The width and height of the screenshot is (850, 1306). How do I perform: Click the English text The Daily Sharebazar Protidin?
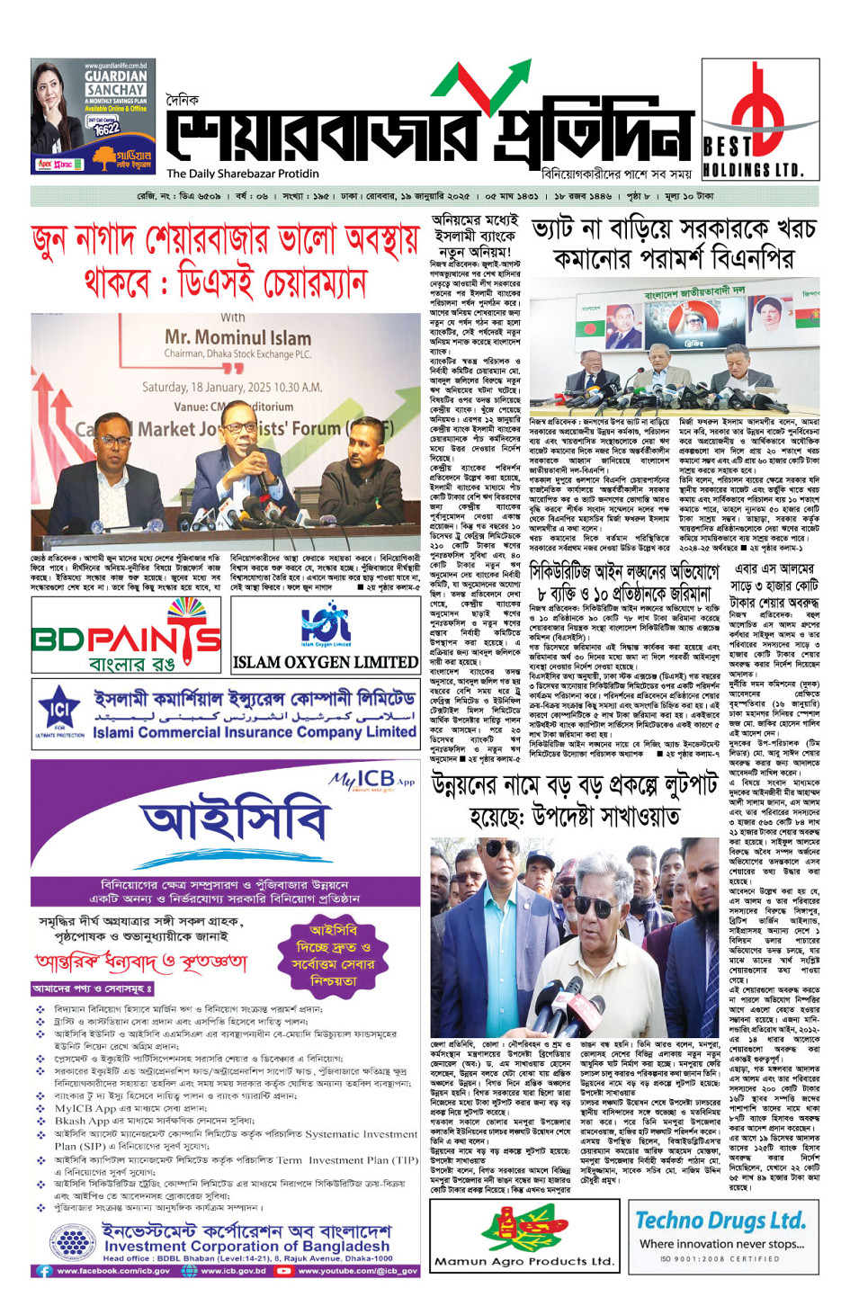tap(242, 174)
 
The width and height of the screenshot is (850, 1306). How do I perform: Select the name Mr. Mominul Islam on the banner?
tap(237, 338)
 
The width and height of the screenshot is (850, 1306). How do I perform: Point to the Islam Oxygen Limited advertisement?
tap(325, 635)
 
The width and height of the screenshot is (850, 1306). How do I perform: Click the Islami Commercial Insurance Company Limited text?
tap(255, 731)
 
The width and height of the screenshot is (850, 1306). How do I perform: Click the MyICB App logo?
tap(371, 780)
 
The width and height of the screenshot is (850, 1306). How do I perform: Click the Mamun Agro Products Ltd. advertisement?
tap(523, 1234)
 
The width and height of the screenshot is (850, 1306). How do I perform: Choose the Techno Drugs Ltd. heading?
tap(720, 1221)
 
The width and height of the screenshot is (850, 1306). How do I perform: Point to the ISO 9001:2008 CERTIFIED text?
tap(720, 1259)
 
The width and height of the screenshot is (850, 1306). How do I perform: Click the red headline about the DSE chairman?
tap(225, 261)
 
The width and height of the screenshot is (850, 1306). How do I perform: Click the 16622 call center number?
tap(105, 129)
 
